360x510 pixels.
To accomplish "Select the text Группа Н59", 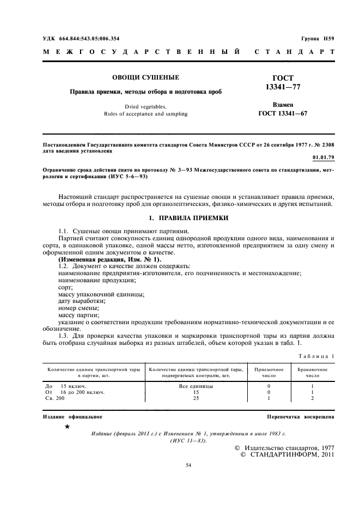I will pyautogui.click(x=318, y=39).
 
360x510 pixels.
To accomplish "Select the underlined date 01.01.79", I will pyautogui.click(x=324, y=157).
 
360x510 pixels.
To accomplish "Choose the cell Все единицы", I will pyautogui.click(x=196, y=386).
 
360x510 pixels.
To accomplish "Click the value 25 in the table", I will pyautogui.click(x=196, y=398).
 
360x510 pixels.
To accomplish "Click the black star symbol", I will pyautogui.click(x=66, y=427).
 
